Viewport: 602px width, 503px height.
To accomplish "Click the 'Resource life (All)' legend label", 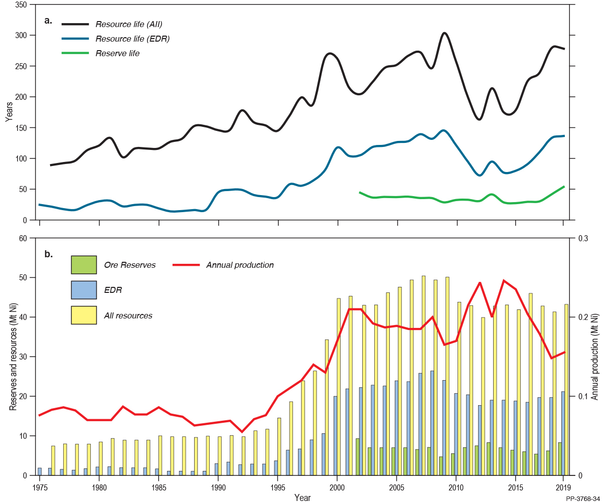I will [129, 24].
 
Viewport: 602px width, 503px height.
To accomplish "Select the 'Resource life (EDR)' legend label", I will [132, 39].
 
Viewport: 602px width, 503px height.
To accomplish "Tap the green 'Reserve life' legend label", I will [117, 53].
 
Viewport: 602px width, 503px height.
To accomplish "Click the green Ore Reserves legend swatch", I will [83, 265].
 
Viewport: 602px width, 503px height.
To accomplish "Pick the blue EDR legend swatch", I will [83, 290].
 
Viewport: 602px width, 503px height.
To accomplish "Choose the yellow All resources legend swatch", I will [83, 315].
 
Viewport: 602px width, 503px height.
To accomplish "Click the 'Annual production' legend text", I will [240, 265].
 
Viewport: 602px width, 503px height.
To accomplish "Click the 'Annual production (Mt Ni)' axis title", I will [595, 357].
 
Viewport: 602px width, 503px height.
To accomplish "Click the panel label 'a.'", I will [48, 21].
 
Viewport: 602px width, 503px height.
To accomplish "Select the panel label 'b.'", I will [48, 254].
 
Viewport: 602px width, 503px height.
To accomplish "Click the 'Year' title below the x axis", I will [303, 497].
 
